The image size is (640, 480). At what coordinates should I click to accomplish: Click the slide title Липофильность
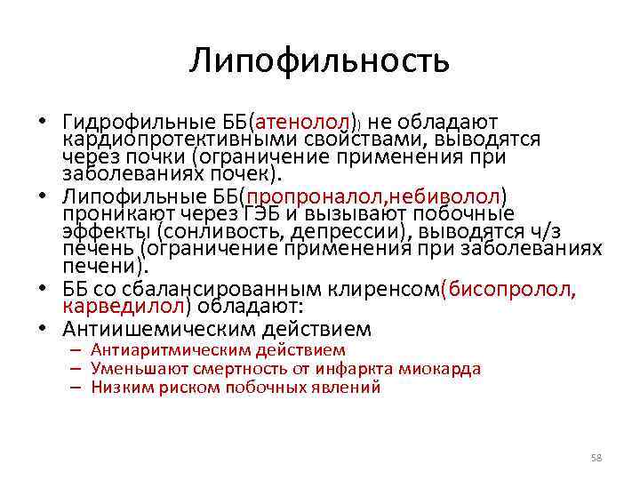[x=319, y=61]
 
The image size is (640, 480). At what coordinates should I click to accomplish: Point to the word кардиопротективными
[x=168, y=139]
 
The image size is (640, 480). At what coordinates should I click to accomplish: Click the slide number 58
[x=596, y=458]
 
